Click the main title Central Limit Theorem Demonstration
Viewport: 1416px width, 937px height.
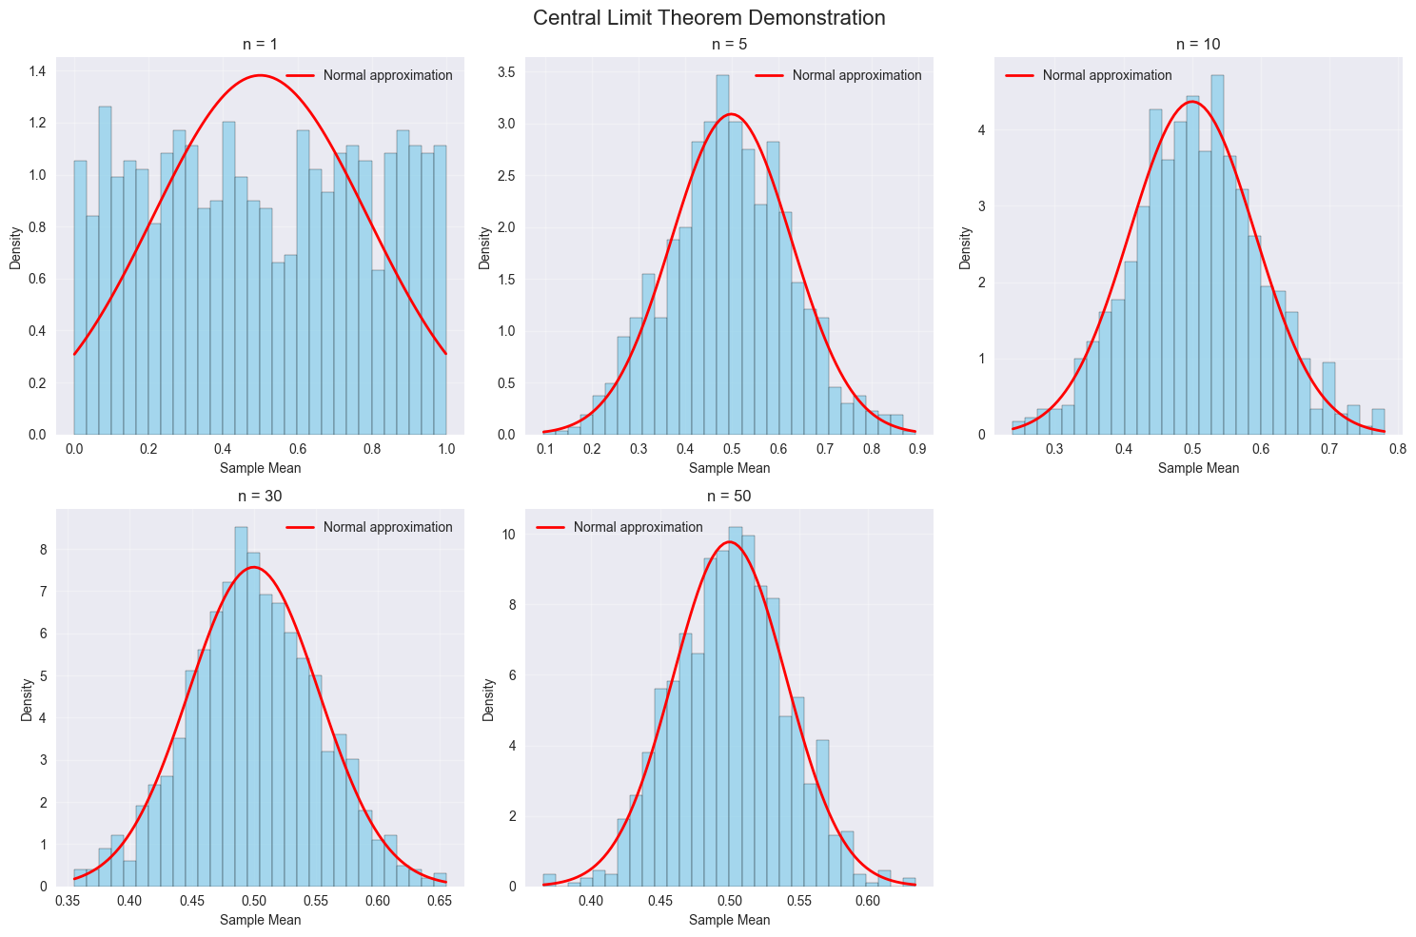[709, 17]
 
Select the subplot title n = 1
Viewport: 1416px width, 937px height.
[260, 44]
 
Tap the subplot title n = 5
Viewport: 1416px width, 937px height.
[729, 44]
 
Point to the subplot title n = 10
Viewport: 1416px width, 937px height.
[1198, 44]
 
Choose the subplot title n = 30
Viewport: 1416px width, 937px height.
[260, 496]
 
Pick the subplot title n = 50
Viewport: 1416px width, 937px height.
[729, 496]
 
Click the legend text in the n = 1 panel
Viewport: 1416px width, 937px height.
[387, 75]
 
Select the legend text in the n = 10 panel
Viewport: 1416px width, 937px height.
[1107, 75]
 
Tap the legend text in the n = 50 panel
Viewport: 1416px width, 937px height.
[638, 527]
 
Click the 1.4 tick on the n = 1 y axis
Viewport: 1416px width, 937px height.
[40, 71]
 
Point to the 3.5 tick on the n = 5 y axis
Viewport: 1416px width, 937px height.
[509, 71]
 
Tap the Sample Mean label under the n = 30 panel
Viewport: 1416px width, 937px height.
[260, 920]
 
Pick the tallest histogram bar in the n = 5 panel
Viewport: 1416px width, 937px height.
[722, 257]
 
